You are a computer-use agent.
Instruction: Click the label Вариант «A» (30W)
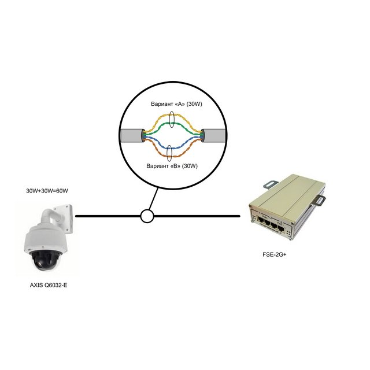[x=176, y=104]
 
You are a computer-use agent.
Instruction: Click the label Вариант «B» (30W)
[x=172, y=166]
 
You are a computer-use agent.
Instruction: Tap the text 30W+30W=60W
[x=47, y=191]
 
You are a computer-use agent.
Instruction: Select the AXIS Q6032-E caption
[x=49, y=285]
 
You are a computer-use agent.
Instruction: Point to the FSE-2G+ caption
[x=274, y=254]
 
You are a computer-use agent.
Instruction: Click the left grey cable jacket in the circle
[x=132, y=135]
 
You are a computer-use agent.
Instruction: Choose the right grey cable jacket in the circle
[x=213, y=135]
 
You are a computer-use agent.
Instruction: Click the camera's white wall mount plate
[x=63, y=219]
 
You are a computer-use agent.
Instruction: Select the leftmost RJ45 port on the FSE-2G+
[x=261, y=221]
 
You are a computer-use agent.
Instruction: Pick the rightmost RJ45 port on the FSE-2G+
[x=281, y=228]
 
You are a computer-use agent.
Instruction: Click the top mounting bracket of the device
[x=272, y=184]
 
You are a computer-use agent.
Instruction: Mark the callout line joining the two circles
[x=153, y=199]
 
